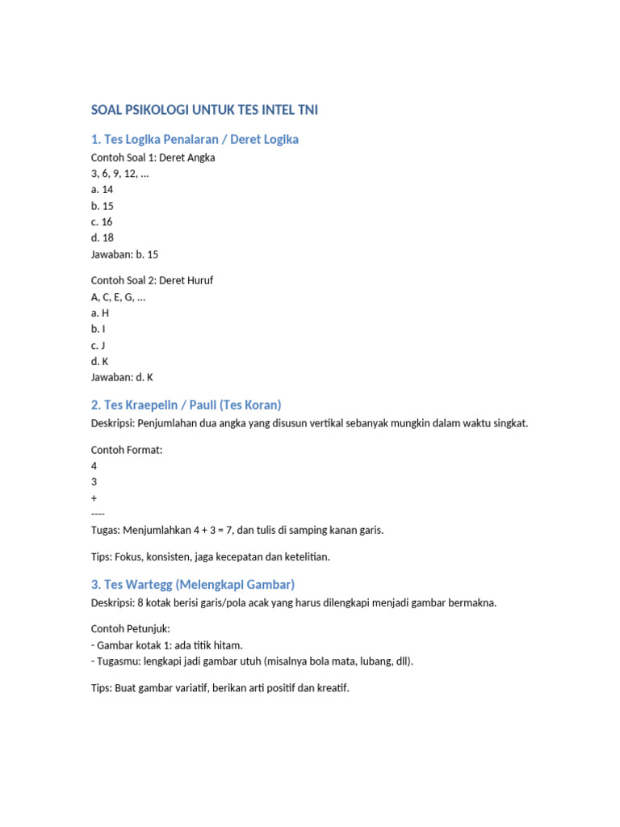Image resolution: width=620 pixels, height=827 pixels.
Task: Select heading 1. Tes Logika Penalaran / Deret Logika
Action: [x=195, y=140]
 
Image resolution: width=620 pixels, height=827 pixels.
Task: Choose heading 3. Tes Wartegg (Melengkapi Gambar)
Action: [x=193, y=584]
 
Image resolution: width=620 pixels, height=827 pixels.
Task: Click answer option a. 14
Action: [x=103, y=190]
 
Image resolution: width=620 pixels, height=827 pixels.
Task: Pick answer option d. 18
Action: [x=103, y=237]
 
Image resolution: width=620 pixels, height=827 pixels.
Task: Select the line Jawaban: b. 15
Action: [x=125, y=254]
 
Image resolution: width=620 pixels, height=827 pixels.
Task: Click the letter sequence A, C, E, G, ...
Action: [x=119, y=296]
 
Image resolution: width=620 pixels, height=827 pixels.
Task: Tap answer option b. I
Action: [x=98, y=329]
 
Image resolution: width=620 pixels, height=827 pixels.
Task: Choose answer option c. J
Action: [x=98, y=345]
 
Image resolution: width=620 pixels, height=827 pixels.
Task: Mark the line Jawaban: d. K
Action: [x=123, y=377]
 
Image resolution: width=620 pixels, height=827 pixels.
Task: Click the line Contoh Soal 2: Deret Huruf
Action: [x=153, y=280]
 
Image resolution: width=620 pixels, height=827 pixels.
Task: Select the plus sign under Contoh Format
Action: [x=94, y=498]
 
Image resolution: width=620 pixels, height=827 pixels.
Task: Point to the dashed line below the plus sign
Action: [x=98, y=514]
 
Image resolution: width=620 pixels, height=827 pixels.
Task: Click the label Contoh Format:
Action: [x=127, y=450]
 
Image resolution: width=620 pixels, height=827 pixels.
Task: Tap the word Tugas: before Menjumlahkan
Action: [x=107, y=531]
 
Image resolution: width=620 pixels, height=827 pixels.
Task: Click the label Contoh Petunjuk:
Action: [x=130, y=628]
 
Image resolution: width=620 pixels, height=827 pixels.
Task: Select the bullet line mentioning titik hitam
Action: [x=167, y=644]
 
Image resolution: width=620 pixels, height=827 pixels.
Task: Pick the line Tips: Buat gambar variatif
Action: [x=220, y=689]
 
